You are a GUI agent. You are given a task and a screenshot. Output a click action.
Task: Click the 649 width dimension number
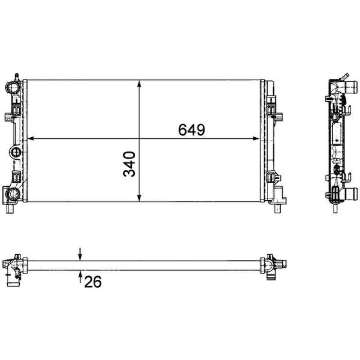(x=192, y=130)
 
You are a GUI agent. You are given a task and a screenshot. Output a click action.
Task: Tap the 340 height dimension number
(x=130, y=164)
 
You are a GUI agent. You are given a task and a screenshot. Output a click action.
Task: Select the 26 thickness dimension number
(x=92, y=282)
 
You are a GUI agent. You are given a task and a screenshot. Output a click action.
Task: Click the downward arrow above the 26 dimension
(x=80, y=256)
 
